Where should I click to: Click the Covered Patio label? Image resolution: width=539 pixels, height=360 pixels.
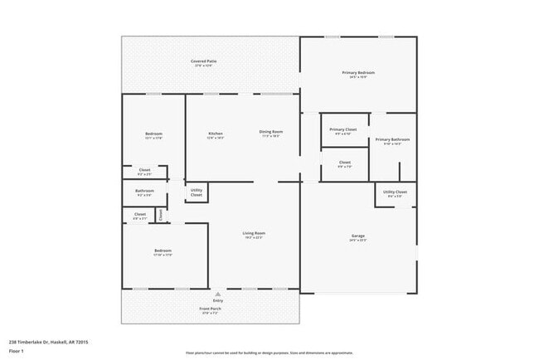(203, 61)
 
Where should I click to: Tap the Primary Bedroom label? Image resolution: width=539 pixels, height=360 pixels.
(359, 73)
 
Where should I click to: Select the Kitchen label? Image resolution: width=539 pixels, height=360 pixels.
(216, 133)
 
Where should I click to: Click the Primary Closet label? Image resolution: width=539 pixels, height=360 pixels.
(342, 129)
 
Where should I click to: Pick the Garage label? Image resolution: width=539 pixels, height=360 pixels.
(358, 236)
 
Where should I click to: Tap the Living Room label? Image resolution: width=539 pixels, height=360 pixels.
(254, 233)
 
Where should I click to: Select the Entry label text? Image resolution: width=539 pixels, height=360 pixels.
(218, 300)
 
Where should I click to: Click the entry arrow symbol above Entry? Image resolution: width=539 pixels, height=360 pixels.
(218, 294)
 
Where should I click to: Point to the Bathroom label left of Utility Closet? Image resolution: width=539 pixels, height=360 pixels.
(145, 192)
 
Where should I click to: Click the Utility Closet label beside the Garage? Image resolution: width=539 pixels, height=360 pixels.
(395, 192)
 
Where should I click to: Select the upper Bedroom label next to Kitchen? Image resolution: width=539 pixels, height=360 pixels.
(153, 134)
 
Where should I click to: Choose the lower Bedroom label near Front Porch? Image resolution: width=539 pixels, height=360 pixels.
(163, 251)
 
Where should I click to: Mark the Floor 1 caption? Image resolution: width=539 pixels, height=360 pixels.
(17, 351)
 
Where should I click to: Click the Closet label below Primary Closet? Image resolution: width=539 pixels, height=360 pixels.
(345, 163)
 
